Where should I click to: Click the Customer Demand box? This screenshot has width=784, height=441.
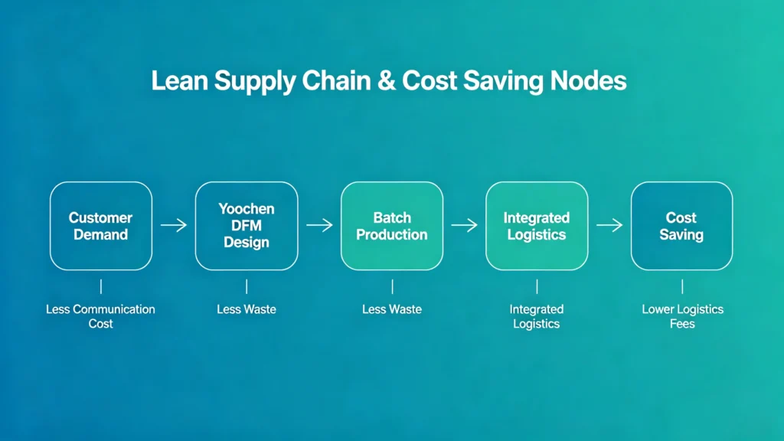click(x=101, y=226)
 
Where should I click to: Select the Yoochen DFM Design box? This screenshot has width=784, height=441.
click(x=247, y=226)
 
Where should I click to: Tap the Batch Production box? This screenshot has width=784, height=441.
click(x=392, y=226)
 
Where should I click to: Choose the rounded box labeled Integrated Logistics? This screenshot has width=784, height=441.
click(x=537, y=226)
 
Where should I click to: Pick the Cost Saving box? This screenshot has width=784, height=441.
click(x=681, y=226)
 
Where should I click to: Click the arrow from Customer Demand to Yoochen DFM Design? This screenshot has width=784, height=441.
click(x=174, y=225)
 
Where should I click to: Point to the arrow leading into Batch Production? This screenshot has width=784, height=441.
click(x=319, y=225)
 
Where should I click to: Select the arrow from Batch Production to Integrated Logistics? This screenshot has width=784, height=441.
click(x=465, y=225)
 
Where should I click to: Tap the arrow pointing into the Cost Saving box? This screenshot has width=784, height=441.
click(x=609, y=225)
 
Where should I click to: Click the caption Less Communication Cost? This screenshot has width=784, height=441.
click(x=100, y=316)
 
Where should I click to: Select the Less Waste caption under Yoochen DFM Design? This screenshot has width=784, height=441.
click(x=247, y=309)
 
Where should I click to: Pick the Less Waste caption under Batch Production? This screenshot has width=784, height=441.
click(x=392, y=309)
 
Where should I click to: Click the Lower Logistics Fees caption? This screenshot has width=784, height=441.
click(x=682, y=316)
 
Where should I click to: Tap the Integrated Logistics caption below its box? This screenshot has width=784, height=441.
click(x=537, y=316)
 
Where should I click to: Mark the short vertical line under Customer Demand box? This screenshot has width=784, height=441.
click(x=101, y=286)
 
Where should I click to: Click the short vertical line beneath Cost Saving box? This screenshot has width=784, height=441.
click(x=682, y=286)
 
